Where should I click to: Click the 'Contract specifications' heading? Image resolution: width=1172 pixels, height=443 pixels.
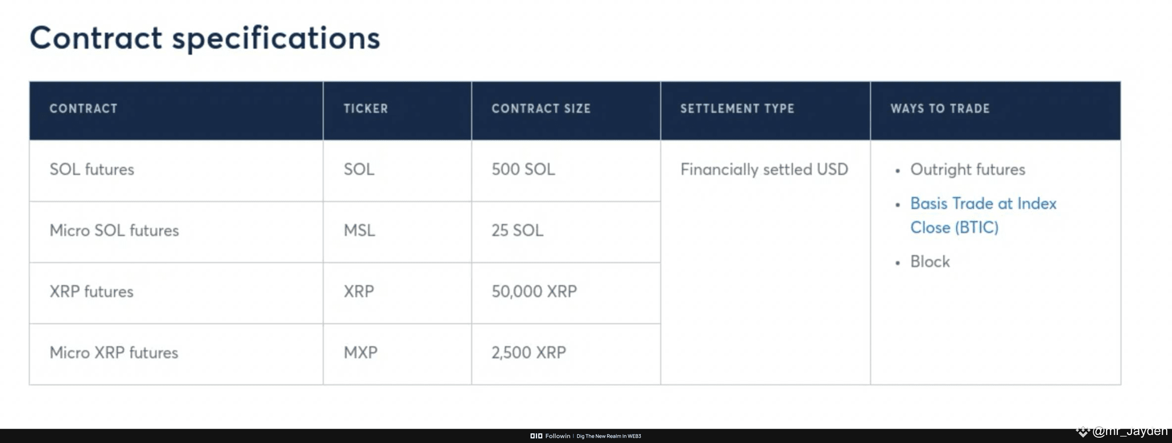[205, 39]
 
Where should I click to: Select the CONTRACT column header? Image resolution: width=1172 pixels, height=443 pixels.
[84, 109]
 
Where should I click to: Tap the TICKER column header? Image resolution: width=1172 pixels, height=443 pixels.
[366, 109]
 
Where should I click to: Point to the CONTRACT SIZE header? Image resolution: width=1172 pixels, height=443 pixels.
[541, 109]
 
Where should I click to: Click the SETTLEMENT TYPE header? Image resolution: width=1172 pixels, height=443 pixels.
[737, 109]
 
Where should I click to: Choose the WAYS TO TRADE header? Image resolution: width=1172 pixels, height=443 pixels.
[940, 109]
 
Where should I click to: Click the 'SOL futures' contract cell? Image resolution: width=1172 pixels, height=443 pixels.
[92, 169]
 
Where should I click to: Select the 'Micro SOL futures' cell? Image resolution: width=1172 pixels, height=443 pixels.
[114, 230]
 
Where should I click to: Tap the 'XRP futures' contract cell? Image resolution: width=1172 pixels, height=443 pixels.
[92, 291]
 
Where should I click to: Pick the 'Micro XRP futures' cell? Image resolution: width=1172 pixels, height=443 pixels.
[114, 352]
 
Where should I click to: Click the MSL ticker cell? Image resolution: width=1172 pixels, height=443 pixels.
[359, 230]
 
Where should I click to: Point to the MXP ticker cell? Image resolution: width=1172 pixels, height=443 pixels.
[360, 352]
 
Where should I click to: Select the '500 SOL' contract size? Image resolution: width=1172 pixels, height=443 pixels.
[523, 169]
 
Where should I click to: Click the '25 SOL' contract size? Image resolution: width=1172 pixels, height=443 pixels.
[517, 230]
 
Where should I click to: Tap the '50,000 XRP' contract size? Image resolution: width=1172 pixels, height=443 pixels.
[534, 291]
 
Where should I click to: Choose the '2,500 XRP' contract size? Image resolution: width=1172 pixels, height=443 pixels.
[528, 352]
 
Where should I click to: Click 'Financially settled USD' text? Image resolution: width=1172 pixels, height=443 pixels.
[764, 169]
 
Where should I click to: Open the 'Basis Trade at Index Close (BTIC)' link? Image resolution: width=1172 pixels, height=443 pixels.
[983, 215]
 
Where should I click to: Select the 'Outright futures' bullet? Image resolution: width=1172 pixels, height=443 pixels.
[967, 169]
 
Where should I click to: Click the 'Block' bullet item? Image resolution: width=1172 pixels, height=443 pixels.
[930, 261]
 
